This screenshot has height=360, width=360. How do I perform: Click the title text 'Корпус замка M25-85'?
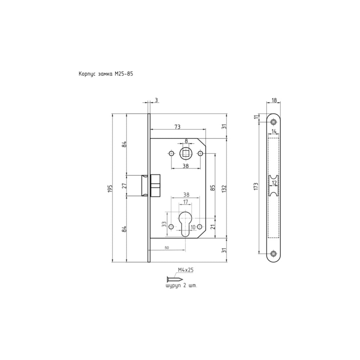[x=106, y=74]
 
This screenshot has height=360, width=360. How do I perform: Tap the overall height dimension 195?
[x=110, y=188]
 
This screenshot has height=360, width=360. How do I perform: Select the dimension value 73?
[x=177, y=127]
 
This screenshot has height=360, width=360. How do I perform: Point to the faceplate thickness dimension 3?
[x=156, y=100]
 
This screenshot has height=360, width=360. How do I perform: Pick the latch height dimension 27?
[x=124, y=185]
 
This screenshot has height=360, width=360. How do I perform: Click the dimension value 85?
[x=213, y=188]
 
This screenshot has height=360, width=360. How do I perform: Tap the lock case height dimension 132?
[x=224, y=188]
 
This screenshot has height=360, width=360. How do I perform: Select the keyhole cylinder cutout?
[x=185, y=223]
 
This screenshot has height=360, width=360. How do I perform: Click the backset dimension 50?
[x=167, y=248]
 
